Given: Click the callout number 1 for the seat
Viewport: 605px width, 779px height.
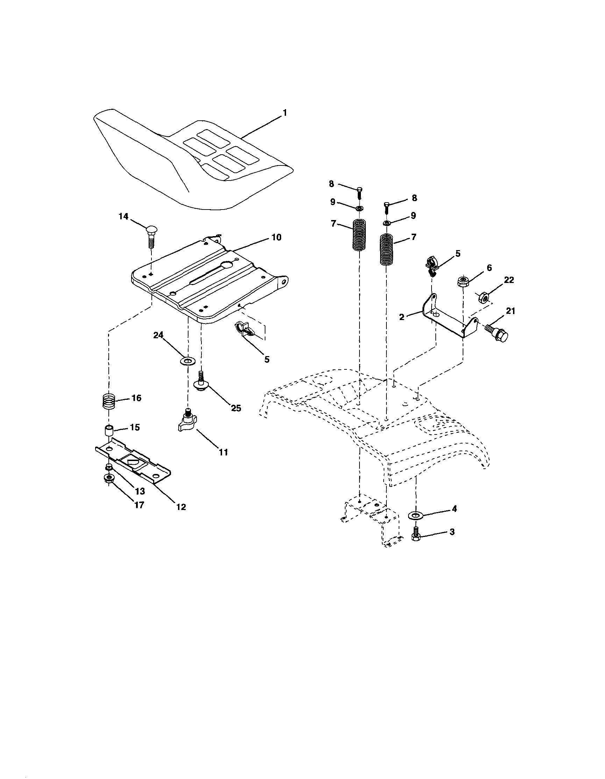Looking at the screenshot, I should coord(285,113).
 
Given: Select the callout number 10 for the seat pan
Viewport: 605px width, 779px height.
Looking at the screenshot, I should coord(276,237).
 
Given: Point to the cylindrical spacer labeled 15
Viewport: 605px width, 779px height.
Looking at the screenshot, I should coord(109,430).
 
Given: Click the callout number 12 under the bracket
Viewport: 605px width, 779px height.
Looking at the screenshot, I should coord(181,507).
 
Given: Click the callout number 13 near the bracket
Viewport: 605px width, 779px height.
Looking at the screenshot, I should coord(140,491).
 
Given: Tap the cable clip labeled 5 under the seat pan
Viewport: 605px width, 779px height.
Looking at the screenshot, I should coord(245,329).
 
